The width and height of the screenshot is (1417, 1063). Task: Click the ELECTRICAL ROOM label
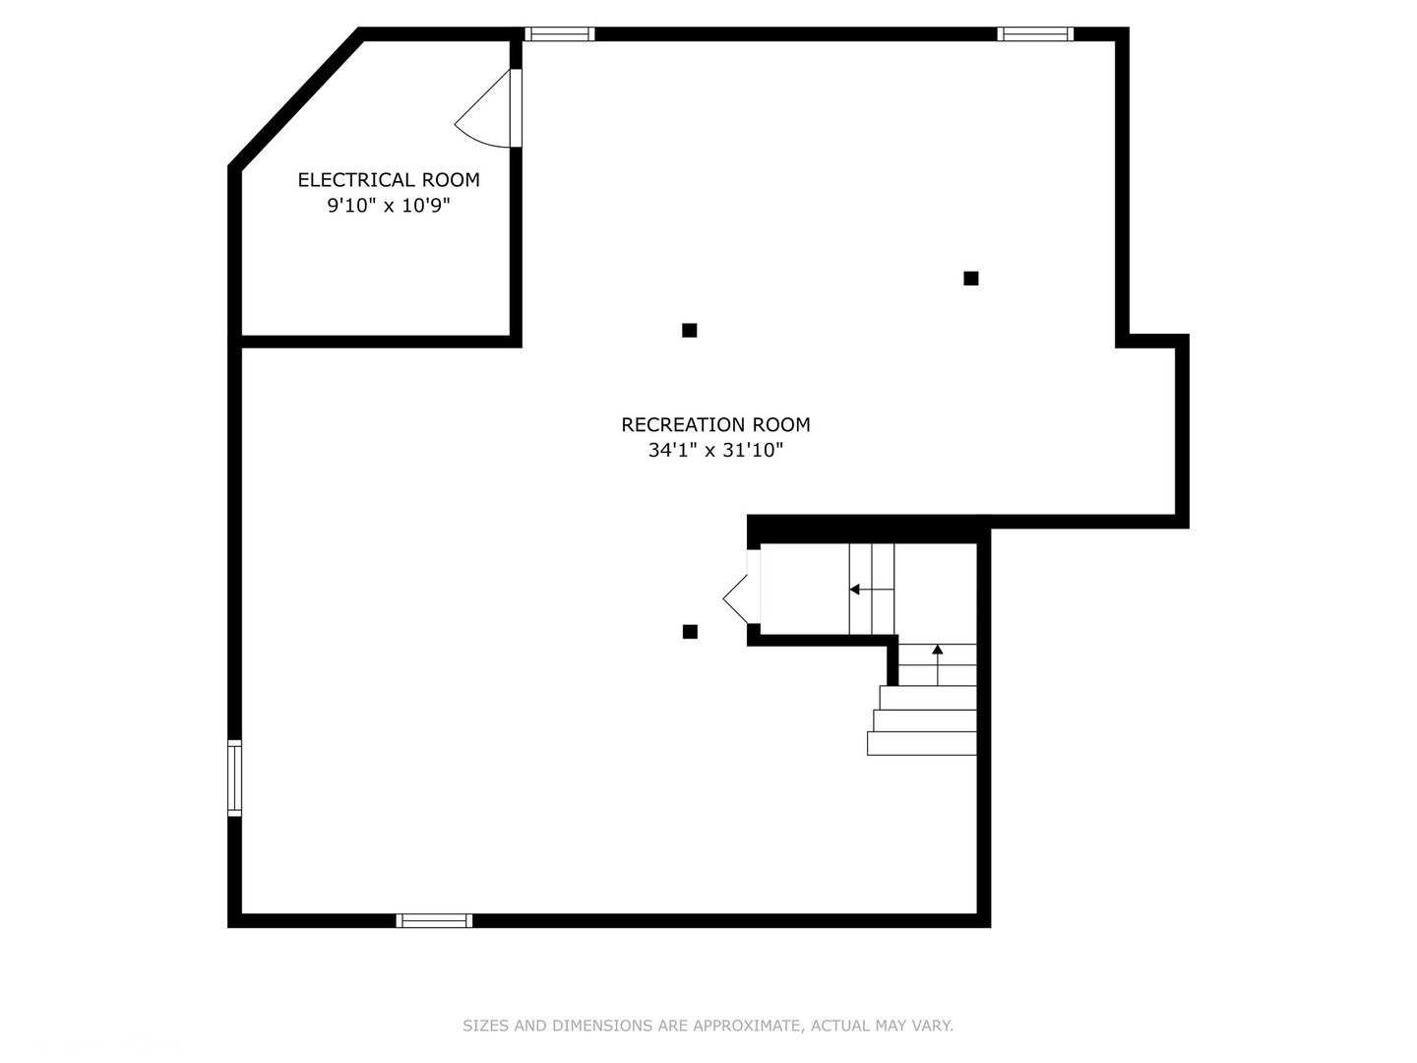(389, 179)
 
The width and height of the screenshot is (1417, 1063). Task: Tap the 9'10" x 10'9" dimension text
(389, 206)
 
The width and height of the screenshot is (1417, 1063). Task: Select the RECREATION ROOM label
(715, 424)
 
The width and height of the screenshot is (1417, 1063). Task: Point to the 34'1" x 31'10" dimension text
(715, 450)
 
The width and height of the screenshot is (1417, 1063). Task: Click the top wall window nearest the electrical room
(559, 33)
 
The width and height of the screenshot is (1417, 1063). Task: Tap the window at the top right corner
(1035, 33)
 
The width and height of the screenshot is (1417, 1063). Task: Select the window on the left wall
(234, 778)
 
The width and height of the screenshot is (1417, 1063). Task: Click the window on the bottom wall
(434, 920)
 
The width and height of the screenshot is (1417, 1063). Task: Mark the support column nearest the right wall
(970, 279)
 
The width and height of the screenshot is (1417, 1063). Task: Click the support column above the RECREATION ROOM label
(689, 331)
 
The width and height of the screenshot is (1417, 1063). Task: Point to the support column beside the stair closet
(690, 632)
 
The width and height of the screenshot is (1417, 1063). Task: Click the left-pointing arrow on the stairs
(872, 590)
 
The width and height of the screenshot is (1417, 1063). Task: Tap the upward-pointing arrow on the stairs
(938, 664)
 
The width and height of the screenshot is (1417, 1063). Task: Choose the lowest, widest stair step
(921, 743)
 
